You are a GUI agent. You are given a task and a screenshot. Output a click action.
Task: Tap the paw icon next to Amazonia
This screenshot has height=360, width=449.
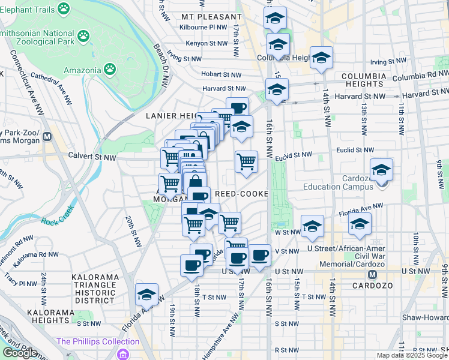(109, 70)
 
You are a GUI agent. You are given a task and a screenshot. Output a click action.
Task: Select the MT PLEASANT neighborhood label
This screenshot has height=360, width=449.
(204, 16)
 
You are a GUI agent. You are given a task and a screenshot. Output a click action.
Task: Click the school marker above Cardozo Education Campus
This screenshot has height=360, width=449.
(381, 170)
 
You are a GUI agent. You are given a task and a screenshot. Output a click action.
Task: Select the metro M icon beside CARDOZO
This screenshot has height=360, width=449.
(373, 274)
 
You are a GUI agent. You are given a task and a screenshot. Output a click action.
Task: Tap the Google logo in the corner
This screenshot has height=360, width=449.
(20, 352)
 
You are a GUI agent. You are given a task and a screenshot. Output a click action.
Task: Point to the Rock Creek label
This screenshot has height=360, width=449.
(56, 220)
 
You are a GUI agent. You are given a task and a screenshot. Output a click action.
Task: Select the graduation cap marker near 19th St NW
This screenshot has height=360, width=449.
(146, 295)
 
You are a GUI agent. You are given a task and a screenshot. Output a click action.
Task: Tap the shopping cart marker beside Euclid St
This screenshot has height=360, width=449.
(246, 161)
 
